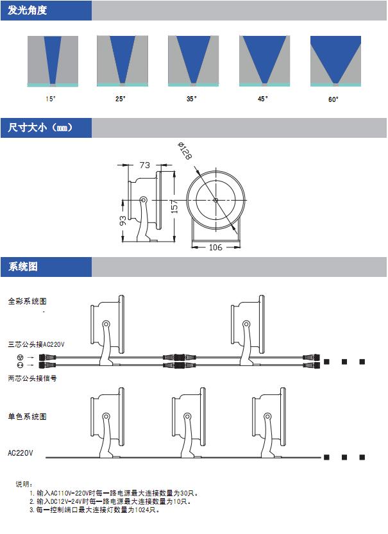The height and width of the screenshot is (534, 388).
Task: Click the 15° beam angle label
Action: coord(51,99)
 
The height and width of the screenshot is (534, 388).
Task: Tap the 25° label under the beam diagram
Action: coord(121,99)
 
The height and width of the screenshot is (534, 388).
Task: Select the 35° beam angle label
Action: coord(192,99)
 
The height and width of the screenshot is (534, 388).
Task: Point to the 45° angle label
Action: coord(263,99)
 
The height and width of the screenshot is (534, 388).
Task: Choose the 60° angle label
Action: coord(333,99)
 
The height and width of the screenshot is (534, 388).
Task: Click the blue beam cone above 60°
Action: coord(335,55)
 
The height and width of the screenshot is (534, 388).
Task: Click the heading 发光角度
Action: coord(27,10)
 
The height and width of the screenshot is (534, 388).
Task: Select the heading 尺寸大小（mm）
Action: coord(40,128)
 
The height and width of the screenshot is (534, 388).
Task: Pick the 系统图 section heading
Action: coord(23,267)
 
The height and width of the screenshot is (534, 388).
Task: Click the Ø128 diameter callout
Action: coord(185,153)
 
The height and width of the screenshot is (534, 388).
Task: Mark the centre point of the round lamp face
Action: coord(215,200)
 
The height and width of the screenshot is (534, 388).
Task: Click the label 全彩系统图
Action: coord(28,301)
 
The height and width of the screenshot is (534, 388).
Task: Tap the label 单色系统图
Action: coord(28,417)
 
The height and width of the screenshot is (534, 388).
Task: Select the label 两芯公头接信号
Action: coord(33,378)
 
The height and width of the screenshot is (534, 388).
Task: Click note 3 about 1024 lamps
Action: coord(94,510)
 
